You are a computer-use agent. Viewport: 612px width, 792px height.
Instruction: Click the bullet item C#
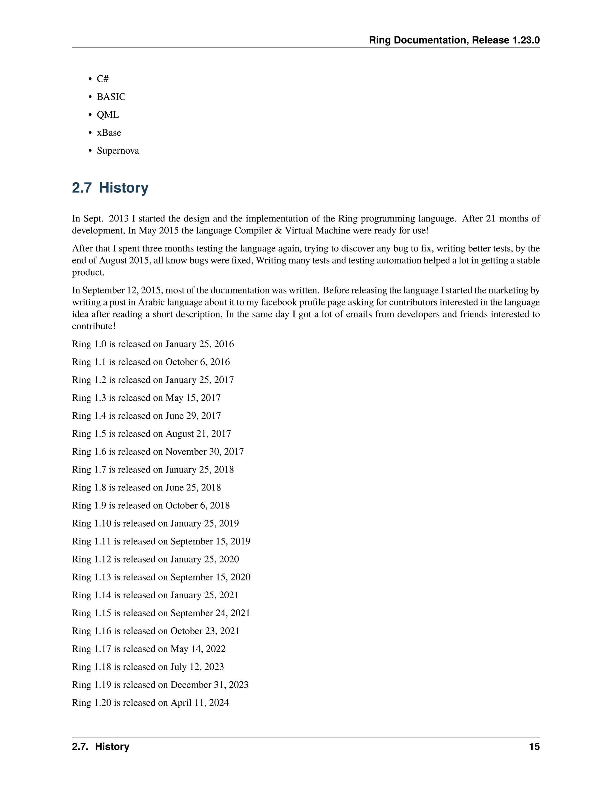pos(102,79)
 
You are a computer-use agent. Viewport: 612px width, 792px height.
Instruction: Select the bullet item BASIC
pos(111,97)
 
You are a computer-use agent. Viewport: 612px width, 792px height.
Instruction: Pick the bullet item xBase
pos(109,133)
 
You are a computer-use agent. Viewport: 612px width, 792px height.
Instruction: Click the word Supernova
pos(118,151)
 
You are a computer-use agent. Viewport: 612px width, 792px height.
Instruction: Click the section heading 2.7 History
pos(110,188)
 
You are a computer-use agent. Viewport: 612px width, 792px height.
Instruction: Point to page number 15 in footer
pos(534,747)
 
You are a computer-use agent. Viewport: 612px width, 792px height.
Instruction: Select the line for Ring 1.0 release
pos(153,344)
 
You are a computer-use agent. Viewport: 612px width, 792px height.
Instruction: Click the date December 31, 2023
pos(209,685)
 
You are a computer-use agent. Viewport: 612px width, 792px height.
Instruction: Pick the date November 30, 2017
pos(204,452)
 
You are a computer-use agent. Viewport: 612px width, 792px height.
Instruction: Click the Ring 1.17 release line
pos(149,649)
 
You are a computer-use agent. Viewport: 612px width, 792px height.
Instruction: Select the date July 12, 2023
pos(197,667)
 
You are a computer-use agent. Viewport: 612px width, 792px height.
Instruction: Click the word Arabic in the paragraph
pos(151,302)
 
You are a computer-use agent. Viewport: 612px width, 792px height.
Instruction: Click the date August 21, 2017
pos(198,434)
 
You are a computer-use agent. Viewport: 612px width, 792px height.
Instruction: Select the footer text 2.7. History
pos(100,747)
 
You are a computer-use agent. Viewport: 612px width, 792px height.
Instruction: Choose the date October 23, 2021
pos(205,631)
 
